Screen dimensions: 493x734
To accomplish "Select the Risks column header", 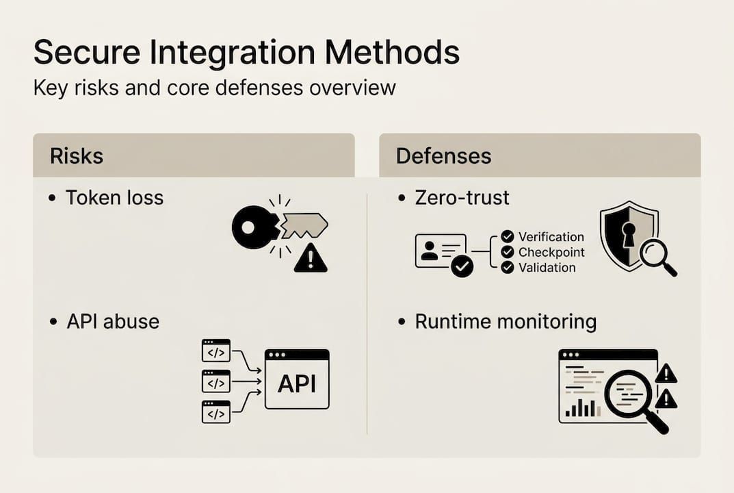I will pyautogui.click(x=77, y=155).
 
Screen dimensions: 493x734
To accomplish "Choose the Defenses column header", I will pyautogui.click(x=443, y=155).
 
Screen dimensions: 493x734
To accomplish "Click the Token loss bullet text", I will pyautogui.click(x=114, y=198).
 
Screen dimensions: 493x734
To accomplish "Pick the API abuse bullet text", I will pyautogui.click(x=113, y=322).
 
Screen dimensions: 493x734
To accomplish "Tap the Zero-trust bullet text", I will pyautogui.click(x=462, y=198).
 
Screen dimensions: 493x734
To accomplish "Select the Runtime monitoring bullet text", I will pyautogui.click(x=506, y=322).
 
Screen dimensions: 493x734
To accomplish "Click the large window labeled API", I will pyautogui.click(x=297, y=379).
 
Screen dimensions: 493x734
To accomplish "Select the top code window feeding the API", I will pyautogui.click(x=216, y=350).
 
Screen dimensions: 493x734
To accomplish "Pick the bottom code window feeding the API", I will pyautogui.click(x=216, y=412).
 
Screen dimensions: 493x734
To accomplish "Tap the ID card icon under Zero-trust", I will pyautogui.click(x=440, y=251).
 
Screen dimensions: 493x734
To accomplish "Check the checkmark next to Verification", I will pyautogui.click(x=507, y=237).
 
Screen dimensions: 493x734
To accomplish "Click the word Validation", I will pyautogui.click(x=547, y=268).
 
